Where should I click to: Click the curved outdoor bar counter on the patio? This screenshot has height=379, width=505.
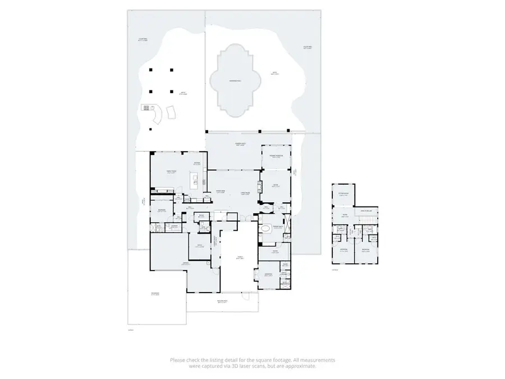pos(157,115)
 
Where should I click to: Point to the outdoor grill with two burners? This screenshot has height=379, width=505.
pos(146,107)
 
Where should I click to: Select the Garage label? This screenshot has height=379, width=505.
pos(185,263)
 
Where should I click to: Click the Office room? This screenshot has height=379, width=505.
pos(199,246)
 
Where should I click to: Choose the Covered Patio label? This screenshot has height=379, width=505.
pos(241,145)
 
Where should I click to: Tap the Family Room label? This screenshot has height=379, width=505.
pos(171,172)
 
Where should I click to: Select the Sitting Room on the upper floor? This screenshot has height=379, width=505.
pos(343,195)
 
